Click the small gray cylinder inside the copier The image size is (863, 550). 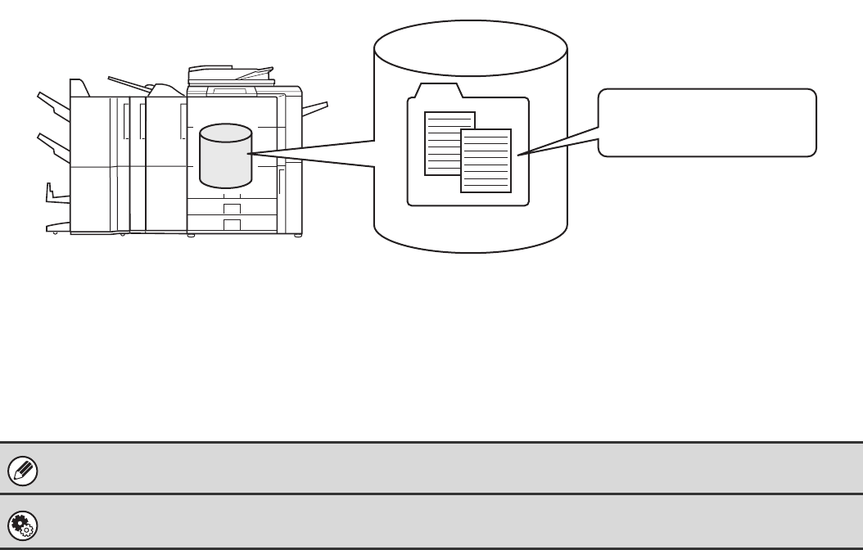(225, 156)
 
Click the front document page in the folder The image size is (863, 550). (486, 161)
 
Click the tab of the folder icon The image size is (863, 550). (439, 90)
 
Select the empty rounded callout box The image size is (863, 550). (707, 122)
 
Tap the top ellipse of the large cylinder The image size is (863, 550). (470, 44)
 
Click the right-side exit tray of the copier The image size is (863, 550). (314, 109)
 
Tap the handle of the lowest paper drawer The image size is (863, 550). (233, 224)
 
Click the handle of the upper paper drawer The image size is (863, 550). (233, 209)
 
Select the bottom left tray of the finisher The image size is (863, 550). (57, 226)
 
